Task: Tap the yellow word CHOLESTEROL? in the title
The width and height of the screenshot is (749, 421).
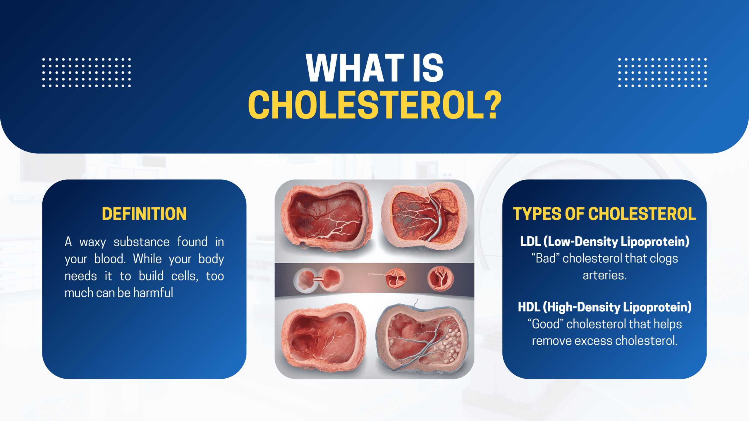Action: point(374,105)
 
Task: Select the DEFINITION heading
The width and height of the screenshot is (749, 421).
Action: point(144,214)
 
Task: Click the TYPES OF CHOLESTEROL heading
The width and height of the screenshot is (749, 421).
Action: point(604,214)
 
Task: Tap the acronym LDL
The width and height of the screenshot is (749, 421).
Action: point(530,242)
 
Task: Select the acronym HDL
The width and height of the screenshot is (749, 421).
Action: point(528,307)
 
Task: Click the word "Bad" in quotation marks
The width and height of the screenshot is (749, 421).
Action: point(545,259)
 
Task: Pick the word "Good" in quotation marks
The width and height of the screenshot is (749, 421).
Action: point(545,324)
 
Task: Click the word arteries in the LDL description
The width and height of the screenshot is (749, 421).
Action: point(604,276)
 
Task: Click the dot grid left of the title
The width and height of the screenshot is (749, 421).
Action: point(86,73)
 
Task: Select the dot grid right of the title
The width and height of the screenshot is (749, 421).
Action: point(662,73)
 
